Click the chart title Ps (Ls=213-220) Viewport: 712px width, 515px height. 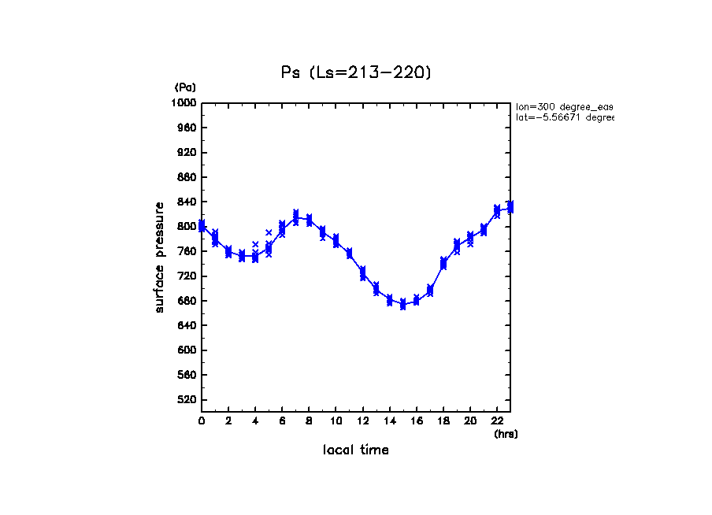coord(356,72)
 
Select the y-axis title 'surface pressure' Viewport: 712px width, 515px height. coord(160,257)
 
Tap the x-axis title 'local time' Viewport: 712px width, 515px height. coord(355,450)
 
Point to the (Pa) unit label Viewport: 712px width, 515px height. coord(185,87)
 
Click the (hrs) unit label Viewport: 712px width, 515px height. coord(506,434)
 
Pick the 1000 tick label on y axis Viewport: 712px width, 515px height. coord(184,103)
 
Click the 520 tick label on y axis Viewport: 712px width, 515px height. coord(187,400)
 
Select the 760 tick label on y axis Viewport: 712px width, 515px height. coord(187,252)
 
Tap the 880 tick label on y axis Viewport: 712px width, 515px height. coord(187,178)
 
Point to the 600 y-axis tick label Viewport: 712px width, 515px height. coord(187,350)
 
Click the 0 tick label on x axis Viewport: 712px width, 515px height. coord(202,421)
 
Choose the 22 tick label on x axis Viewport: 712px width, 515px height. coord(497,421)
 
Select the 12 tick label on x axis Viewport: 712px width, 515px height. coord(362,421)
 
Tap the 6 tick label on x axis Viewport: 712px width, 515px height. coord(282,421)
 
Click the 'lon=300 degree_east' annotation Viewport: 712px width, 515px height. coord(564,106)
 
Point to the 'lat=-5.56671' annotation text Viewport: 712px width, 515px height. coord(564,117)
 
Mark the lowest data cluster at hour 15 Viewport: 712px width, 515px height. coord(402,304)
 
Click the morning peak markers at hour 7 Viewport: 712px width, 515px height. coord(295,218)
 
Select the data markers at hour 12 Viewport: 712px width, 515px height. coord(362,272)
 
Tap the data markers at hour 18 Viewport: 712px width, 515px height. coord(443,263)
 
